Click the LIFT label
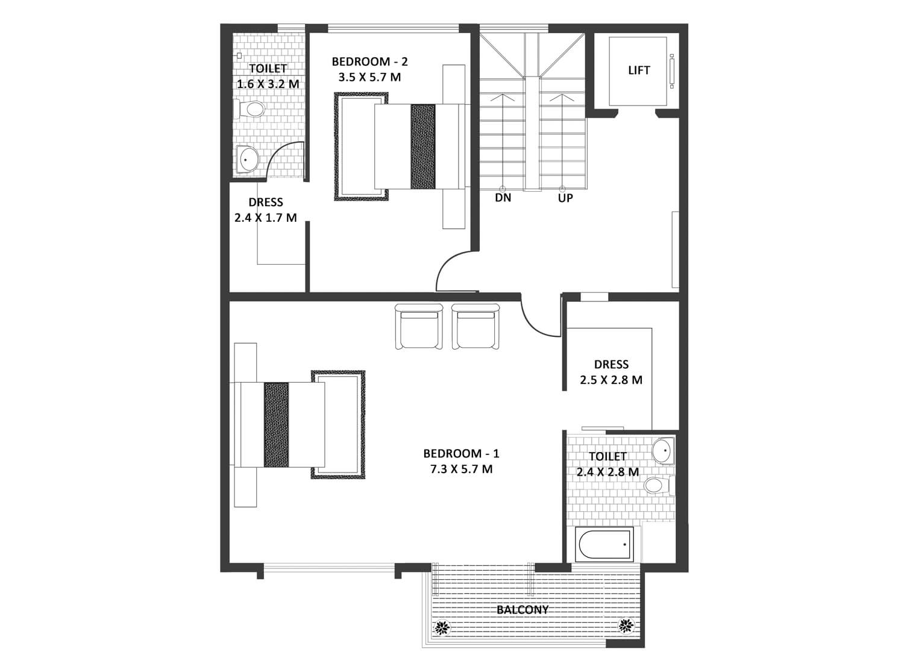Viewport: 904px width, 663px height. pos(639,70)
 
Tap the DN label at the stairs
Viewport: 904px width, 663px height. pos(503,198)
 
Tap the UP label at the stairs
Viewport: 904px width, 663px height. pos(565,198)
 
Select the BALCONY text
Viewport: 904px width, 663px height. pos(523,610)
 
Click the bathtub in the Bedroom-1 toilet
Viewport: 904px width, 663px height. pos(604,544)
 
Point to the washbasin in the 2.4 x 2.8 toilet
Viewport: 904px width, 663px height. pos(664,451)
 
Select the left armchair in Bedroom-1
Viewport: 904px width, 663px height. pos(418,327)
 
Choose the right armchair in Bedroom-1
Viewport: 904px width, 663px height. pos(476,327)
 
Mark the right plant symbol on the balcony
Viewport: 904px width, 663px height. pos(626,626)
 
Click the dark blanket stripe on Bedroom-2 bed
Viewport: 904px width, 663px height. pos(423,147)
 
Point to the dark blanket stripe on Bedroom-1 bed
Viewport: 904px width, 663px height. pos(277,425)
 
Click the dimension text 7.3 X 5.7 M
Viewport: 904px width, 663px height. pos(461,470)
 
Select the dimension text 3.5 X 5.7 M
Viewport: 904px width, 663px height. pos(369,77)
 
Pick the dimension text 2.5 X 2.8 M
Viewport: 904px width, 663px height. pos(611,380)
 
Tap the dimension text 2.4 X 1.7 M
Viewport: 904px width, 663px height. pos(266,218)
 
